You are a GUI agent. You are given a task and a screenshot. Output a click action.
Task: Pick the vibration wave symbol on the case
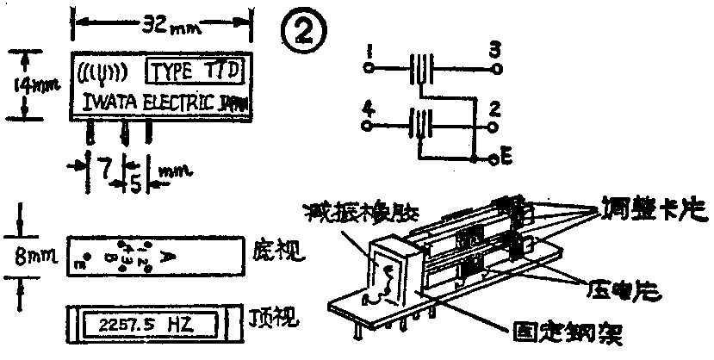tap(102, 70)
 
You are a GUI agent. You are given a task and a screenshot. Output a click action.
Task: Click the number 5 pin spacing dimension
tap(136, 183)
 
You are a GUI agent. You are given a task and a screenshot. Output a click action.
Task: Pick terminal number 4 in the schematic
tap(369, 111)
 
